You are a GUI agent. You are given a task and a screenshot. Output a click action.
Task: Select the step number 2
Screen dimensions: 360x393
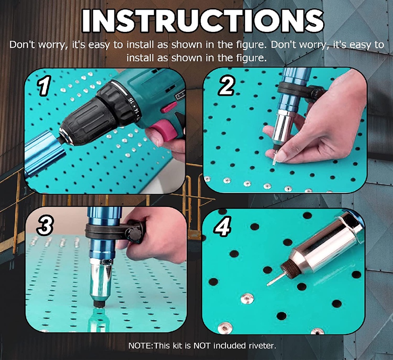click(x=226, y=85)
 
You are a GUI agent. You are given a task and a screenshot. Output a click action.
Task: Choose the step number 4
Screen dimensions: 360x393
click(x=223, y=226)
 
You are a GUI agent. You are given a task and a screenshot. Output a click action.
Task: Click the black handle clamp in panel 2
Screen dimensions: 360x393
click(x=299, y=90)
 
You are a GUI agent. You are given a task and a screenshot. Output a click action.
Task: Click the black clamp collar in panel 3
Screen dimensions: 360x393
click(x=111, y=232)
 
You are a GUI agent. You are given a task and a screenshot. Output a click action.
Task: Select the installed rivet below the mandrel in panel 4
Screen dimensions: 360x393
click(x=247, y=298)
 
